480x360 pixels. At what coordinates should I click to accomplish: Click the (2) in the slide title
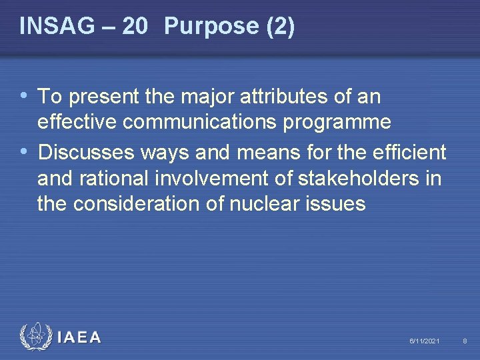(279, 26)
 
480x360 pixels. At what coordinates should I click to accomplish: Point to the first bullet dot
(25, 96)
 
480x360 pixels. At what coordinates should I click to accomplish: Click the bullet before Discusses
(25, 152)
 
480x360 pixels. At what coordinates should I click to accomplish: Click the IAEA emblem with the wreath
(35, 337)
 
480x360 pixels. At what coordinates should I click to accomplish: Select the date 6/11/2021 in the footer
(424, 341)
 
